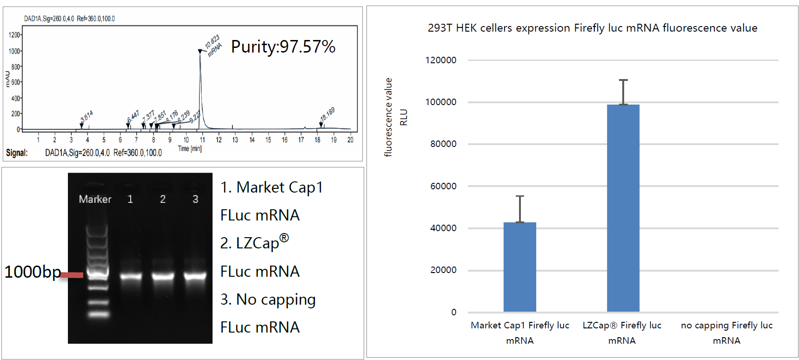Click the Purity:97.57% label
click(x=283, y=47)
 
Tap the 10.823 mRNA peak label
click(x=213, y=46)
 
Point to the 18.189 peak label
click(x=327, y=114)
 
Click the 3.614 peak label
click(x=87, y=116)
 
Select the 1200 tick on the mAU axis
click(x=14, y=35)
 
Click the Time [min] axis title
click(x=189, y=148)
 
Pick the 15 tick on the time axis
click(x=268, y=140)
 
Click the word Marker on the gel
click(x=95, y=199)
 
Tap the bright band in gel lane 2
click(x=163, y=276)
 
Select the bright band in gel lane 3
click(x=195, y=276)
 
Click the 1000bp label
click(x=33, y=272)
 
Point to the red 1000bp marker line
click(x=72, y=275)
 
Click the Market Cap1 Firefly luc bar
click(x=519, y=267)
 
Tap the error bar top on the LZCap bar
click(x=623, y=80)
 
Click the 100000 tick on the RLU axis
click(x=440, y=102)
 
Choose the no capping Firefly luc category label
click(x=726, y=333)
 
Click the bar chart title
click(x=592, y=28)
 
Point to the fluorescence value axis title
click(x=388, y=117)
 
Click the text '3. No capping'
click(x=268, y=300)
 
